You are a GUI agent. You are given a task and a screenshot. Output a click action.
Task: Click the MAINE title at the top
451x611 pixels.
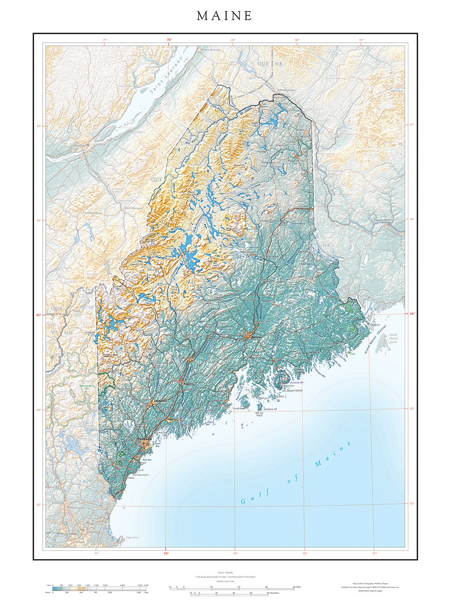click(225, 16)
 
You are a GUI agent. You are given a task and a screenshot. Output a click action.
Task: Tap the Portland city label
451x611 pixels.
click(144, 439)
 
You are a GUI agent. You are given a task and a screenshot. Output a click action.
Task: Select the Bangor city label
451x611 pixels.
click(256, 337)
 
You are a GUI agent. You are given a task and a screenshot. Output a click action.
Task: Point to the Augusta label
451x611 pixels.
click(189, 384)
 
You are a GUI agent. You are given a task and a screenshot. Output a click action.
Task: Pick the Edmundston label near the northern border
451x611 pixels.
click(286, 90)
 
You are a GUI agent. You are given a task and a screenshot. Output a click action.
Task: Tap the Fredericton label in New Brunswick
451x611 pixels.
click(383, 220)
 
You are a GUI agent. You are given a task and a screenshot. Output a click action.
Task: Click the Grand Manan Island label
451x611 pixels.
click(393, 338)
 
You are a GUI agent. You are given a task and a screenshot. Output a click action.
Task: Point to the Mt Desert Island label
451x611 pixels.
click(293, 390)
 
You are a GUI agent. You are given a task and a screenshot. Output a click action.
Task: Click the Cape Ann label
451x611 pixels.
click(132, 537)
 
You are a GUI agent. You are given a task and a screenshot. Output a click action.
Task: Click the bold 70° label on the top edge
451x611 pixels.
click(169, 40)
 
